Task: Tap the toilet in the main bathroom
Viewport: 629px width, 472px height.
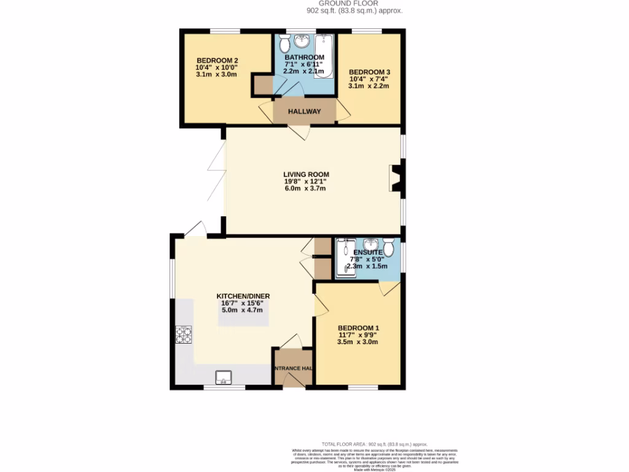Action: (284, 45)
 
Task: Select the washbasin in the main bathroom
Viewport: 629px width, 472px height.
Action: (302, 42)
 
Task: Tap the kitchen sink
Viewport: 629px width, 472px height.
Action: (223, 376)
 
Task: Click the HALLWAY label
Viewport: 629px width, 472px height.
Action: (305, 112)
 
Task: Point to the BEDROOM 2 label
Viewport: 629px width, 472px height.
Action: (217, 60)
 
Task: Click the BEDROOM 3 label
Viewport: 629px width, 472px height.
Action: (369, 72)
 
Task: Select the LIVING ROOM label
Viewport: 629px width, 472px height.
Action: (304, 175)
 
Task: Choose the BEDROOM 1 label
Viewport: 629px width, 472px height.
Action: (359, 328)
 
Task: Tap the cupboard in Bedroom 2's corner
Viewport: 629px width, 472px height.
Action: (262, 85)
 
